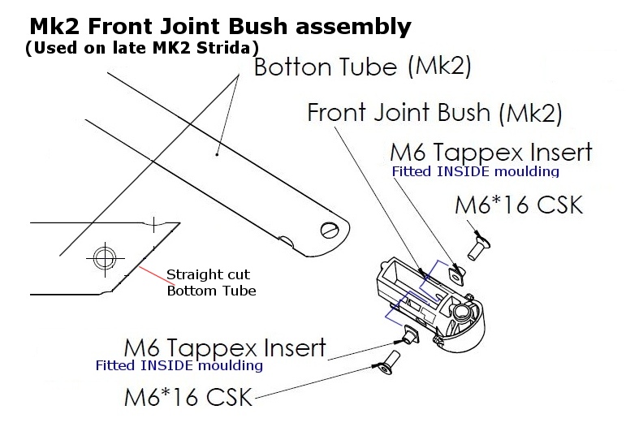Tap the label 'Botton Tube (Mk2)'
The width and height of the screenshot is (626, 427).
coord(362,67)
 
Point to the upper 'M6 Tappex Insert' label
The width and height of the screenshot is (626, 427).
coord(490,152)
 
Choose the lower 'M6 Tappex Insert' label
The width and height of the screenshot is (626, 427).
coord(224,347)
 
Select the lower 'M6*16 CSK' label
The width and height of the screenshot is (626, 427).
coord(188,398)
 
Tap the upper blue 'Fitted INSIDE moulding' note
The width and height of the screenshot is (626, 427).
coord(475,172)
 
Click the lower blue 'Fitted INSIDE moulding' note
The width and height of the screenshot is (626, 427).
coord(179,365)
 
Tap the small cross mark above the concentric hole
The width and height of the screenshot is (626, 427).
coord(154,222)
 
